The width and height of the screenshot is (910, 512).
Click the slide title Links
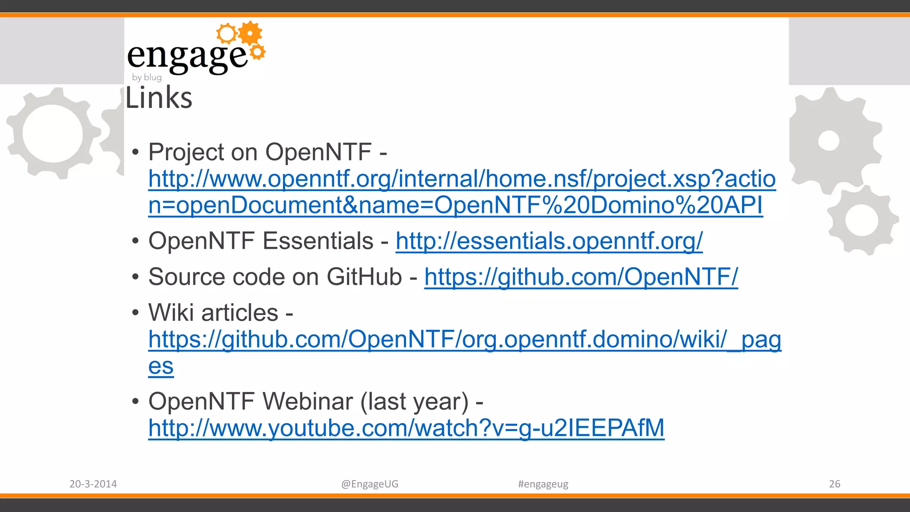[159, 98]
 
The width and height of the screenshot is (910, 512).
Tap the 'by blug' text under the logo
[147, 77]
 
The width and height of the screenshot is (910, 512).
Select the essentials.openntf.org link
[549, 241]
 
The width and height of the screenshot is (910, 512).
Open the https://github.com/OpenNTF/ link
[581, 277]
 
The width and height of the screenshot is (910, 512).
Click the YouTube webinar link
[406, 428]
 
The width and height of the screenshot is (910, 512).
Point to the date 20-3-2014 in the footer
[93, 484]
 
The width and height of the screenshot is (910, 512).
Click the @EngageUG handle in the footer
[370, 484]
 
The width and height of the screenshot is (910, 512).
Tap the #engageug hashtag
[543, 484]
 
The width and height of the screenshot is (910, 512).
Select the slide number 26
[834, 484]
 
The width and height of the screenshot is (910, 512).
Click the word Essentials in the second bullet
[318, 241]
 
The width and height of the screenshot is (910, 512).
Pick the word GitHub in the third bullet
[364, 277]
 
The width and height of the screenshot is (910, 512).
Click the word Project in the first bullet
[186, 152]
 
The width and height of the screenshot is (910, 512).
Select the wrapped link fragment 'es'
[161, 367]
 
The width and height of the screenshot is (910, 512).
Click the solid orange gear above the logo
[251, 33]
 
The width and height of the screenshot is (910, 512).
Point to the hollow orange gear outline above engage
[227, 33]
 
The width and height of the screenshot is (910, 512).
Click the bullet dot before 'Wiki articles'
[136, 312]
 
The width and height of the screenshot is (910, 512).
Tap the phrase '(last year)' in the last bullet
[414, 401]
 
